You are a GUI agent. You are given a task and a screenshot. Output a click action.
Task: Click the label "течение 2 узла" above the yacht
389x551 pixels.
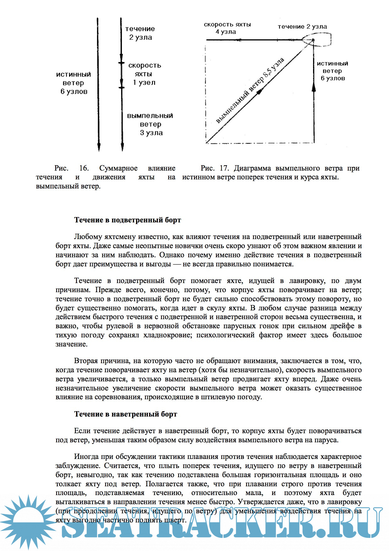pos(302,27)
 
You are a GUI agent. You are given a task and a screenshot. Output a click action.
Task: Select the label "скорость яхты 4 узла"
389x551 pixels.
pos(227,28)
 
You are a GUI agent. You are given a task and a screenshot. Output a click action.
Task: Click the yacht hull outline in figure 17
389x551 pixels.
pos(317,40)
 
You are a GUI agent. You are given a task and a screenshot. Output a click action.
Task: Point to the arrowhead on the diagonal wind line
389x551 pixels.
pos(259,91)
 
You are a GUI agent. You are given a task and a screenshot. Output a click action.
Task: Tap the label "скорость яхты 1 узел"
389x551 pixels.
pos(144,74)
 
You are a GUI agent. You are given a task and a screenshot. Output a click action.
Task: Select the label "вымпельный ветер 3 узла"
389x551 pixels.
pos(150,124)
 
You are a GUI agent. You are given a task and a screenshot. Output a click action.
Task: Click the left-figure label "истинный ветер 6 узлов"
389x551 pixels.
pos(73,83)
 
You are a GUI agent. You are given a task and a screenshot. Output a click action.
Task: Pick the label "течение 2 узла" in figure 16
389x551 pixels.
pos(140,33)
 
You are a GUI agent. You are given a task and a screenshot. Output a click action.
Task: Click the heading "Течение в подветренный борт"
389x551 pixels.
pos(127,220)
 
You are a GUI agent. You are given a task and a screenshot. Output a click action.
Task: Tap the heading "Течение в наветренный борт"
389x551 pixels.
pos(126,414)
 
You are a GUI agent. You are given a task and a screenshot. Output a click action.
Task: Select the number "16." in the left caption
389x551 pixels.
pos(84,168)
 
